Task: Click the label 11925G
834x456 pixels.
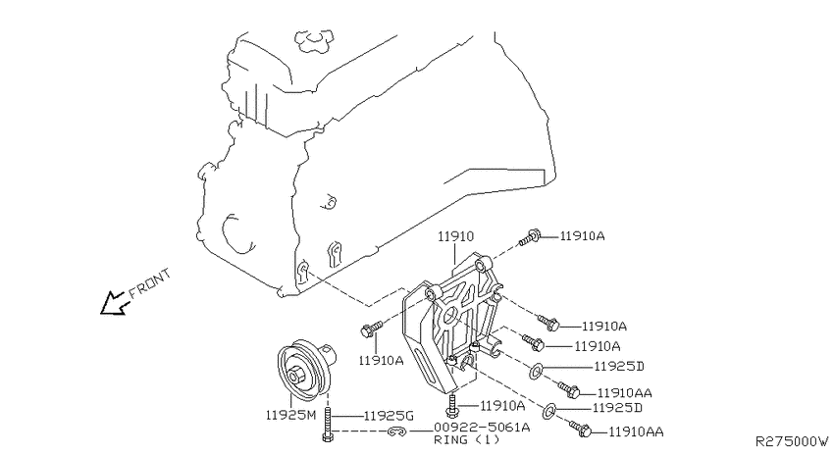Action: pos(390,416)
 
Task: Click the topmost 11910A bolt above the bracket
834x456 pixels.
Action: pos(530,235)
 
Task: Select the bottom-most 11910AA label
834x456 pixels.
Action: pos(636,431)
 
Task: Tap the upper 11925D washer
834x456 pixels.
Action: pos(538,371)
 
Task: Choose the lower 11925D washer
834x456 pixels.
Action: pos(550,409)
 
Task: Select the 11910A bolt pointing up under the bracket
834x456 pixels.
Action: pos(451,401)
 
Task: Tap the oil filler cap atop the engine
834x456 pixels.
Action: pos(315,40)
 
